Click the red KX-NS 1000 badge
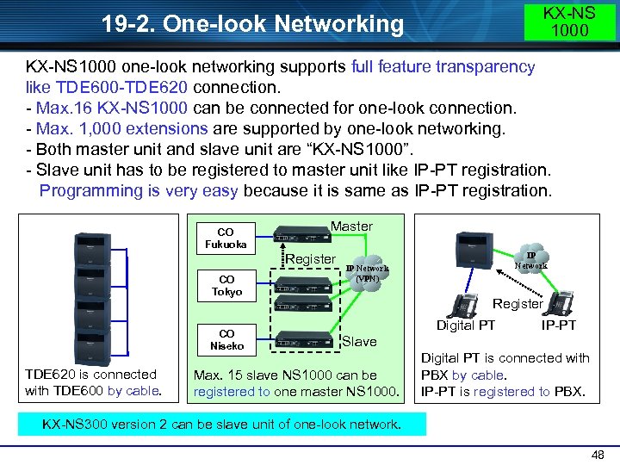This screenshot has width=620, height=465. (x=569, y=22)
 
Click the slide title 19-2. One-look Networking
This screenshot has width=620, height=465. (x=252, y=24)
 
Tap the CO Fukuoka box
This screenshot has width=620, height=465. (x=226, y=239)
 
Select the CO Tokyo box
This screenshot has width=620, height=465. (x=226, y=286)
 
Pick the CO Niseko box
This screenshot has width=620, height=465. (x=226, y=340)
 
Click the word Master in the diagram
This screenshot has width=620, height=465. (x=351, y=226)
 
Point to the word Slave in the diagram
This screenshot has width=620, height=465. (x=359, y=342)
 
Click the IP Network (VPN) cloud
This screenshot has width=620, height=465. (x=368, y=273)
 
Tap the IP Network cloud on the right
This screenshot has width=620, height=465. (x=530, y=260)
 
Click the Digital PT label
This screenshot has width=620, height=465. (x=466, y=325)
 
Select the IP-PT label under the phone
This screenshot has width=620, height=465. (x=559, y=325)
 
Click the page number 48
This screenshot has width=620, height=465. (x=598, y=453)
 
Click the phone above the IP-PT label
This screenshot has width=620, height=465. (x=561, y=302)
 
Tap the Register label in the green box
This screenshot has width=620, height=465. (x=310, y=259)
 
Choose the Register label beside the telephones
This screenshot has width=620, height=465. (x=517, y=303)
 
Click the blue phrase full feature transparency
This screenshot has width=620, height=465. (x=443, y=66)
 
